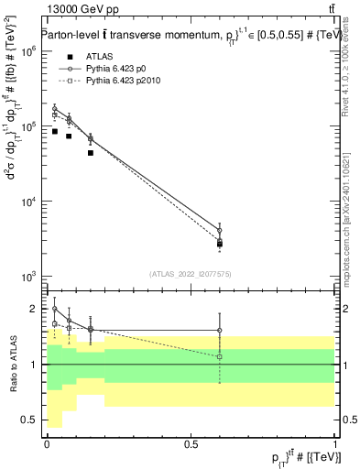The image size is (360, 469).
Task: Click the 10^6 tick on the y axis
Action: [28, 52]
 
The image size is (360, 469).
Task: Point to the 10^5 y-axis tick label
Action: [28, 126]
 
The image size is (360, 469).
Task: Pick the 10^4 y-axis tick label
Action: [28, 202]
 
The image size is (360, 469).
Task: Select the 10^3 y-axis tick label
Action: [28, 276]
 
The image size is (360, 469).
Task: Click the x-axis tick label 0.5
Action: [191, 444]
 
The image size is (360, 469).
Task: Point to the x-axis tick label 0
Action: [47, 444]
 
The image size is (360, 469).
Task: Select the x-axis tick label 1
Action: [334, 444]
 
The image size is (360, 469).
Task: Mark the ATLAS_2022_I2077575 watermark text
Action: [191, 272]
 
